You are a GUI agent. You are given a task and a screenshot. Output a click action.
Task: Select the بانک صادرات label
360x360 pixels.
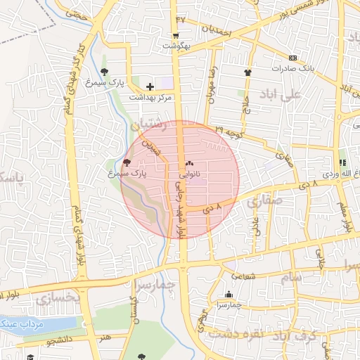296,68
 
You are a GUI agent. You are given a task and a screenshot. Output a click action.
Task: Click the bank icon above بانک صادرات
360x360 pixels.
292,58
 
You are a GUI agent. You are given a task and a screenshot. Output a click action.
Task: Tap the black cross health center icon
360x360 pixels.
150,86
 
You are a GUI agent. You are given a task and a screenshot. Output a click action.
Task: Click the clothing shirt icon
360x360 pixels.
247,72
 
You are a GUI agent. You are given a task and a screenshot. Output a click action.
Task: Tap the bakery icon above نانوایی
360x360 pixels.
188,163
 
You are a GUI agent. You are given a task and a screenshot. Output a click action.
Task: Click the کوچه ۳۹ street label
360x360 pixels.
229,131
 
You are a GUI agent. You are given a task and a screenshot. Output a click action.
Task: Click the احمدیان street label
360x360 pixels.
217,30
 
